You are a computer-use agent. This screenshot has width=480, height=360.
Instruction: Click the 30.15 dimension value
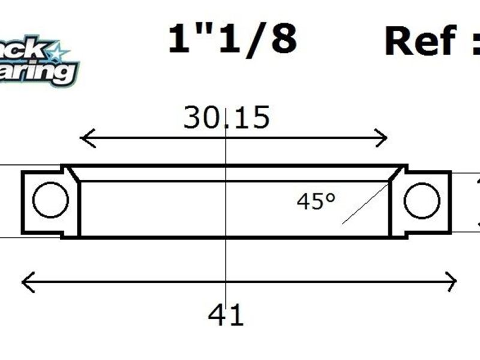[x=226, y=118]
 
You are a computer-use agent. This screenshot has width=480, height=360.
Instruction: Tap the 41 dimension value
[x=226, y=315]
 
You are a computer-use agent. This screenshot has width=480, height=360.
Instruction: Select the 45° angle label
[x=316, y=202]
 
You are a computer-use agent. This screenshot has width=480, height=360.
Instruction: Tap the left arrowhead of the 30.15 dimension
[x=84, y=139]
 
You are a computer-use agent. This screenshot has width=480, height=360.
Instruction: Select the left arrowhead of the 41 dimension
[x=26, y=281]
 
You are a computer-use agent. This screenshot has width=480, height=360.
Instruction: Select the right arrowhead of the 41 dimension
[x=452, y=281]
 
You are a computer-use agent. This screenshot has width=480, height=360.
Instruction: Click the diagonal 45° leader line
[x=365, y=205]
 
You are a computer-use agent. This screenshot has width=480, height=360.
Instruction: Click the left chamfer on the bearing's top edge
[x=73, y=174]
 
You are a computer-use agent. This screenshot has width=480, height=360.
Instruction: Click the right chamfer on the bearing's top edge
[x=396, y=174]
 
